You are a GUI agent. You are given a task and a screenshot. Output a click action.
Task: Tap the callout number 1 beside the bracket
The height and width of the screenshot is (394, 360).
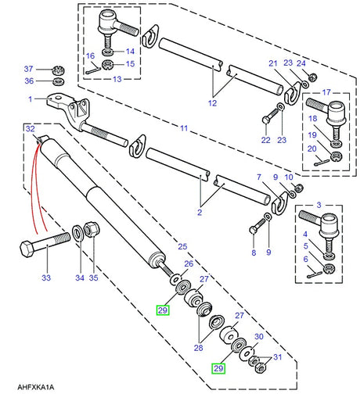[30, 99]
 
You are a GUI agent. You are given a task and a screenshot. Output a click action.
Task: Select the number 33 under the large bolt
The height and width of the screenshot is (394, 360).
[46, 278]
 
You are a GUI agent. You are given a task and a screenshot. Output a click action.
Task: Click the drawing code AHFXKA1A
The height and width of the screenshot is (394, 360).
[31, 384]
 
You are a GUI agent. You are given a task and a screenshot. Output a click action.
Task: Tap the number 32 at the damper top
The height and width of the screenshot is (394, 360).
[30, 127]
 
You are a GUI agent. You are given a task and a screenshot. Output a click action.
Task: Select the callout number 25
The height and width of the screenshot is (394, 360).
[182, 246]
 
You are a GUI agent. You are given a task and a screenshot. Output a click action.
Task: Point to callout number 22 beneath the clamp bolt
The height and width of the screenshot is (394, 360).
[265, 140]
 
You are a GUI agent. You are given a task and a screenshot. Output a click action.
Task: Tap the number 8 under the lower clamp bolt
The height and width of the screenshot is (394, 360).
[253, 253]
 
